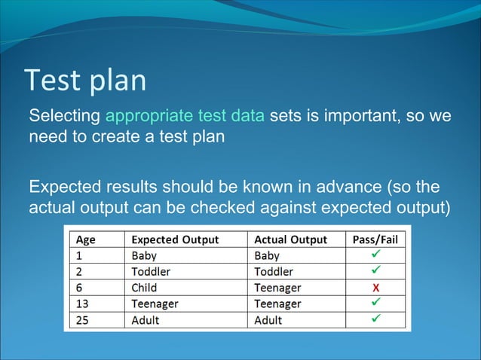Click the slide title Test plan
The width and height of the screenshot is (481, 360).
(85, 81)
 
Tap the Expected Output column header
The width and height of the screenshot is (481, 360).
(175, 239)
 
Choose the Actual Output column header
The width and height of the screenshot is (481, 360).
(290, 239)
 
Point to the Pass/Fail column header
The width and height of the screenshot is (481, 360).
(375, 239)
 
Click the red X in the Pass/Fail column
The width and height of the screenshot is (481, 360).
(375, 288)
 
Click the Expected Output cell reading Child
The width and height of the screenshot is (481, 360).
(145, 288)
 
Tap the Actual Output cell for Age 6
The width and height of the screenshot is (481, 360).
(277, 288)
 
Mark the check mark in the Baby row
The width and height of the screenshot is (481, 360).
(375, 255)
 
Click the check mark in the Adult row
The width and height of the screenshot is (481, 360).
(375, 319)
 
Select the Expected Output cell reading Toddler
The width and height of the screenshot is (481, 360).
(151, 271)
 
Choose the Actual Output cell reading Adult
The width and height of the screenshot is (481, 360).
(268, 320)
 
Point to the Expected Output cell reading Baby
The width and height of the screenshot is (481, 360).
(144, 255)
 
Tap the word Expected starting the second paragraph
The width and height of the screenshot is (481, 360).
(64, 186)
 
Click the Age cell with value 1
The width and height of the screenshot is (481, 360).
(78, 255)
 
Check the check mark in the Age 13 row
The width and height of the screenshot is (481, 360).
(375, 303)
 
